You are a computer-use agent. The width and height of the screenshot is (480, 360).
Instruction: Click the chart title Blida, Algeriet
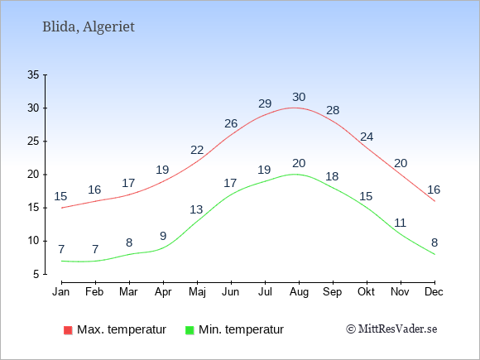(89, 27)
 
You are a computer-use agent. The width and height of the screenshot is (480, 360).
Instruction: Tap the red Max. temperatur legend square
(68, 330)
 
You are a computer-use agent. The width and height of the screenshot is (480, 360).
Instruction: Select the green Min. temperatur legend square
(190, 330)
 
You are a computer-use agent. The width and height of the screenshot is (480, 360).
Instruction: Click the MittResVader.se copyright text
(391, 329)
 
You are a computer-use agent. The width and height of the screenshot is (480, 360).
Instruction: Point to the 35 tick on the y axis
(33, 74)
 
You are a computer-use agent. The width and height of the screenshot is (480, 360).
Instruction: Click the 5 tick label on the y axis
(36, 274)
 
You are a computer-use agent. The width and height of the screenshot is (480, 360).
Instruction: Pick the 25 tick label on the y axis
(33, 142)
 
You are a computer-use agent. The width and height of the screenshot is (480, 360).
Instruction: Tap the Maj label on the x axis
(197, 292)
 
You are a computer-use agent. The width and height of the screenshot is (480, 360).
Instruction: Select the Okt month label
(366, 292)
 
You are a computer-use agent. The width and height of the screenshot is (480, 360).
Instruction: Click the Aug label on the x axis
(299, 292)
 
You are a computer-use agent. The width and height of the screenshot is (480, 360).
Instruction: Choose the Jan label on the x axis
(61, 292)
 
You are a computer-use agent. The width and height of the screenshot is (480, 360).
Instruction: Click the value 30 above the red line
(299, 97)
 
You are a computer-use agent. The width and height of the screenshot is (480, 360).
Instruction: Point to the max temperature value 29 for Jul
(265, 103)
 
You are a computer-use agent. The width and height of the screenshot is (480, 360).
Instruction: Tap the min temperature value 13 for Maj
(196, 209)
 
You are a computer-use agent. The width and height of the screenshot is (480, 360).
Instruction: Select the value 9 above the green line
(163, 236)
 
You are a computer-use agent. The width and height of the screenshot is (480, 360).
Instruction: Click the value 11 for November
(400, 223)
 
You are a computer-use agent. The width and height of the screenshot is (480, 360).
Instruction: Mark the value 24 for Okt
(367, 137)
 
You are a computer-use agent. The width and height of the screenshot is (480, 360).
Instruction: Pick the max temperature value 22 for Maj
(197, 150)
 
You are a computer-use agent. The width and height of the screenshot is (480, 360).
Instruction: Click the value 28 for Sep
(333, 110)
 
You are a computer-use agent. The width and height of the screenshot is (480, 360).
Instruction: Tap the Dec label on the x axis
(434, 292)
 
